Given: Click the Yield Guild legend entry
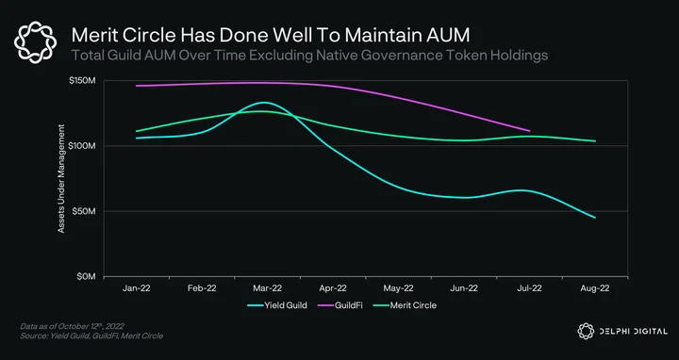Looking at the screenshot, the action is coord(277,305).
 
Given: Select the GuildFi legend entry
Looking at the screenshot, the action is coord(339,305).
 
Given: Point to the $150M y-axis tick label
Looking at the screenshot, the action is coord(82,81).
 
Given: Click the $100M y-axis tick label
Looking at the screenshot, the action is coord(82,146).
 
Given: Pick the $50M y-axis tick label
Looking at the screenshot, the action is coord(84,212).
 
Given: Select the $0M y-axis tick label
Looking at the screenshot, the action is coord(85,277).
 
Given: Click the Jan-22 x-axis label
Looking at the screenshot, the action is coord(137,288).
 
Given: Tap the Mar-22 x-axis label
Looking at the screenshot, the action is coord(268,288).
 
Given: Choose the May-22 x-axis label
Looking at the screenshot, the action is coord(398,288).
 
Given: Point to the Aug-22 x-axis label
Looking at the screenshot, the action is coord(595,288).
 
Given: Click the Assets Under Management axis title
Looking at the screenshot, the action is coord(61,179).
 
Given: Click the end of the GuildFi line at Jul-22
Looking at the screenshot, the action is coord(529,131).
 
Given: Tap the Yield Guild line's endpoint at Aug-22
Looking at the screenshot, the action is coord(595,218).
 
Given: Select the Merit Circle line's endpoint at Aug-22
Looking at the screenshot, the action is coord(595,141).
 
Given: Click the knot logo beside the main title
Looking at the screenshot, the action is coord(35,42).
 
